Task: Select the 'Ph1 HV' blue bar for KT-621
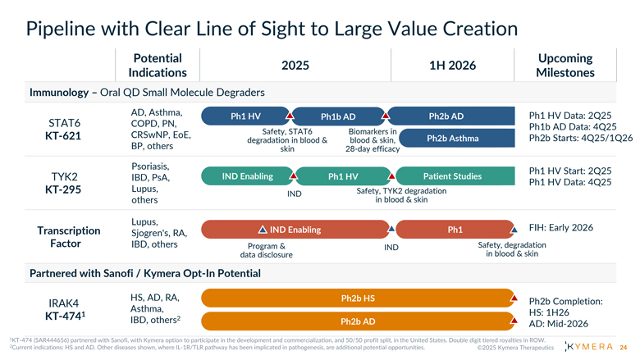(245, 116)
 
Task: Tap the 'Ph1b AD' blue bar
(338, 116)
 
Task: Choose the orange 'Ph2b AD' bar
(358, 321)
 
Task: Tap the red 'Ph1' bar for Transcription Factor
(455, 229)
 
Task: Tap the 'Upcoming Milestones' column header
(565, 66)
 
